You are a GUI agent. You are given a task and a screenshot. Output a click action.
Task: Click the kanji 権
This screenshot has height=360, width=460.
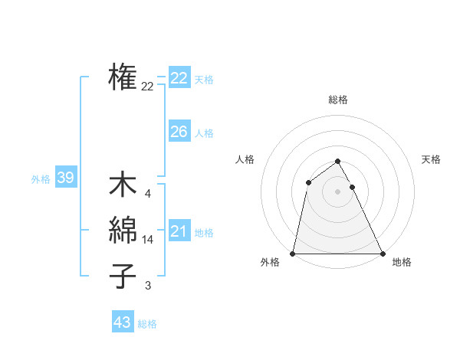tap(123, 78)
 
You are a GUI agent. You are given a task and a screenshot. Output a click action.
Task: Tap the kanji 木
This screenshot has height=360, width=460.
tap(123, 186)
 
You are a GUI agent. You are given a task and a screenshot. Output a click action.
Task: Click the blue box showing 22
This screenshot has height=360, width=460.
tap(179, 78)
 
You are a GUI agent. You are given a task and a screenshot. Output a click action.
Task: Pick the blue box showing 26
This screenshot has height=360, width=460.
tap(179, 132)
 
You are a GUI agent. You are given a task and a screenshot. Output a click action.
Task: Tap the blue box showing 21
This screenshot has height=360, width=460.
tap(179, 231)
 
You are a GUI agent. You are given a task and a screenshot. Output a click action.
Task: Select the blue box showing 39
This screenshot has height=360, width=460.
tap(65, 178)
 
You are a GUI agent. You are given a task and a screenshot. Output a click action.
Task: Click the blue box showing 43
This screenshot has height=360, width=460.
tap(123, 322)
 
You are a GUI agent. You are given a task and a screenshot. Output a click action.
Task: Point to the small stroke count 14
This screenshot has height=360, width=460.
tap(148, 240)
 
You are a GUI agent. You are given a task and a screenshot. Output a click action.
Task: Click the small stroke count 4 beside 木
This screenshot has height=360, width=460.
tap(148, 194)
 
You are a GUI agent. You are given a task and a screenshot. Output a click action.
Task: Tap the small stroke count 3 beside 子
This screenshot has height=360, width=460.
tap(148, 286)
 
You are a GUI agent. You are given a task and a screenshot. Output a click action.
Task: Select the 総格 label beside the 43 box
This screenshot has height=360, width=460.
tap(147, 324)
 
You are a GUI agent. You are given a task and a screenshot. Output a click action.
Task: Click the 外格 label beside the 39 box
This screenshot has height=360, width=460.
tap(41, 179)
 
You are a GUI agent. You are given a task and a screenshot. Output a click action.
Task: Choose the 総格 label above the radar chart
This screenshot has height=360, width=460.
tap(338, 100)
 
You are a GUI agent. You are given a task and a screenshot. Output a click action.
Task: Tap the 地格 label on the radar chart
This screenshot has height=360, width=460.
tap(402, 263)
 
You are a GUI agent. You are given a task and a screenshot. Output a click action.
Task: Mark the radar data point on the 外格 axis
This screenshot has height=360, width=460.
tap(293, 254)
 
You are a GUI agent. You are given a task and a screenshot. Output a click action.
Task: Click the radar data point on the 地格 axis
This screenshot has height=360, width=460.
tap(383, 254)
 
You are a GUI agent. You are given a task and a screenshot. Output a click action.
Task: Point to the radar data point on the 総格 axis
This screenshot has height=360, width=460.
tap(338, 161)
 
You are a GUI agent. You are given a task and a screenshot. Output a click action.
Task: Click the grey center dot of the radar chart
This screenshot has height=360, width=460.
tap(338, 191)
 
